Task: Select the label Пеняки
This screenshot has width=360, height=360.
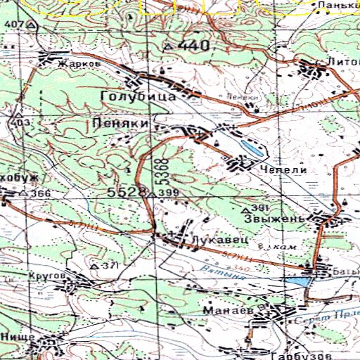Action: [x=120, y=123]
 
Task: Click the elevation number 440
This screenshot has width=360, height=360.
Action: [x=193, y=46]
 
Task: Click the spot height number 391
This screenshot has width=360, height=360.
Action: [x=260, y=209]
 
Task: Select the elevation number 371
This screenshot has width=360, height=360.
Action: [x=109, y=266]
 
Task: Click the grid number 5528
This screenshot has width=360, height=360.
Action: [x=127, y=191]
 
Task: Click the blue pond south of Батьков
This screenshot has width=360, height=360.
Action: [x=297, y=281]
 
